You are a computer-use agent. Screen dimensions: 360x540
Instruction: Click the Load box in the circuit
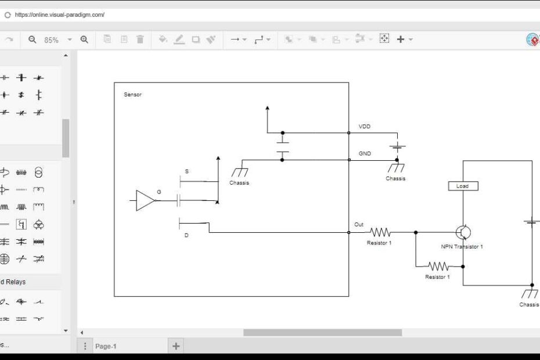point(463,186)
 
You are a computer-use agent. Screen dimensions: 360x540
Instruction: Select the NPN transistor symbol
point(463,232)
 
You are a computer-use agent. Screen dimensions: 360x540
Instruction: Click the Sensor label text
point(132,95)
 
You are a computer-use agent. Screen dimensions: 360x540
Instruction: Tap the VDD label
point(365,126)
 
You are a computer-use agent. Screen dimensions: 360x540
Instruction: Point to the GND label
point(365,154)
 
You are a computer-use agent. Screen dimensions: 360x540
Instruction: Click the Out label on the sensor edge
point(359,225)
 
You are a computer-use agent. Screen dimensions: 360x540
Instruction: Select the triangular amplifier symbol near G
point(145,200)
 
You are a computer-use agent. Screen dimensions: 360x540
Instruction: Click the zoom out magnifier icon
point(33,39)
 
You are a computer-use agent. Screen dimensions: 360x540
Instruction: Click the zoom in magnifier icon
point(84,39)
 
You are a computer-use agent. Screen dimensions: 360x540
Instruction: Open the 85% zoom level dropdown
point(70,39)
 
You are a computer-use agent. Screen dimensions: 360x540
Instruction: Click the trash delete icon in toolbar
point(140,39)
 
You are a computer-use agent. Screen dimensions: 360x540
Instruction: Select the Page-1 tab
point(106,346)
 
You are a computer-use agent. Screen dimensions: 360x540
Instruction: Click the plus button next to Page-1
point(176,346)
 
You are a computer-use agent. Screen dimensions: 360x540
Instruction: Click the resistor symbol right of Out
point(380,232)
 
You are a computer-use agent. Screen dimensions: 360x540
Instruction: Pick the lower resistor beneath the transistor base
point(438,267)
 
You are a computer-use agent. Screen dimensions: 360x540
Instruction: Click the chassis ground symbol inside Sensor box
point(239,172)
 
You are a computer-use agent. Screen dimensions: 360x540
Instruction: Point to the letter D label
point(186,235)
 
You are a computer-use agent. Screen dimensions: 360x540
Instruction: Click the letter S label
point(186,171)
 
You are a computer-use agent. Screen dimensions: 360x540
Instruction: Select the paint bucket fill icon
point(163,39)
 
